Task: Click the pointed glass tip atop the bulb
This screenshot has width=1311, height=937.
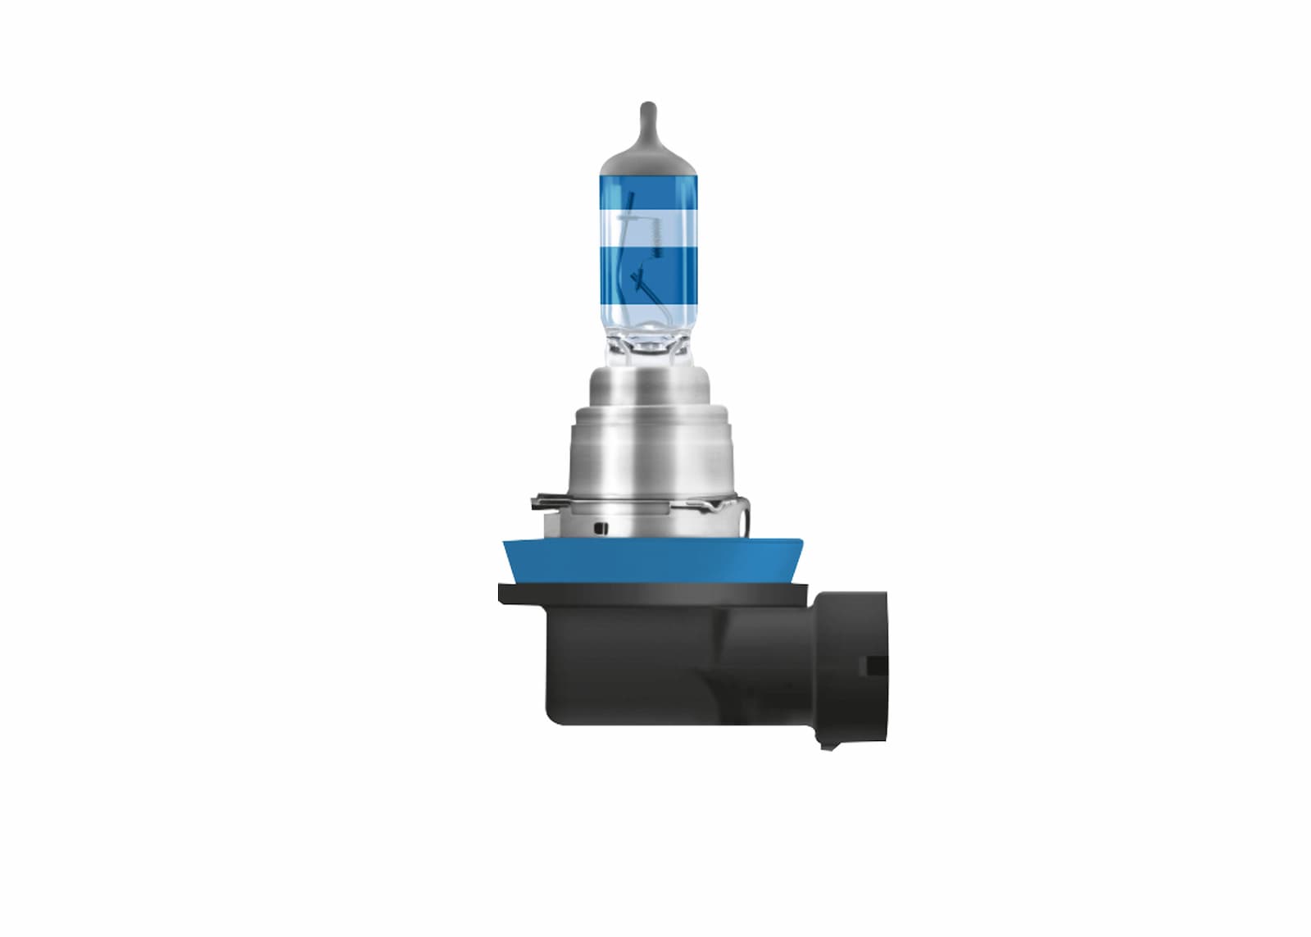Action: pos(647,115)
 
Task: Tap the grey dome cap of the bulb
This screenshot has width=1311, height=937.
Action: pos(647,161)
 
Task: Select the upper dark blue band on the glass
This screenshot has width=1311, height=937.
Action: pos(647,193)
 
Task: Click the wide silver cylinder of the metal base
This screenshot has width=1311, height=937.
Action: pos(647,459)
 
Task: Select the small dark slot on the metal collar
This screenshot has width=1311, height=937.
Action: pos(602,527)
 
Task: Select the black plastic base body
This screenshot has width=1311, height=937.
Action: pos(639,664)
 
